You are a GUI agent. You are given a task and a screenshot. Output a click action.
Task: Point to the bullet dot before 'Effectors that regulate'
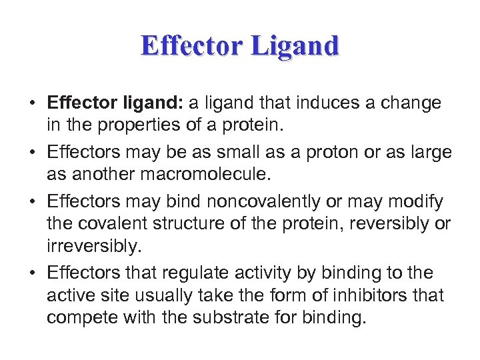[32, 273]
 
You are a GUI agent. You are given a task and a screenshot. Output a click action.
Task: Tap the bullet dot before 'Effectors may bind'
[32, 202]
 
